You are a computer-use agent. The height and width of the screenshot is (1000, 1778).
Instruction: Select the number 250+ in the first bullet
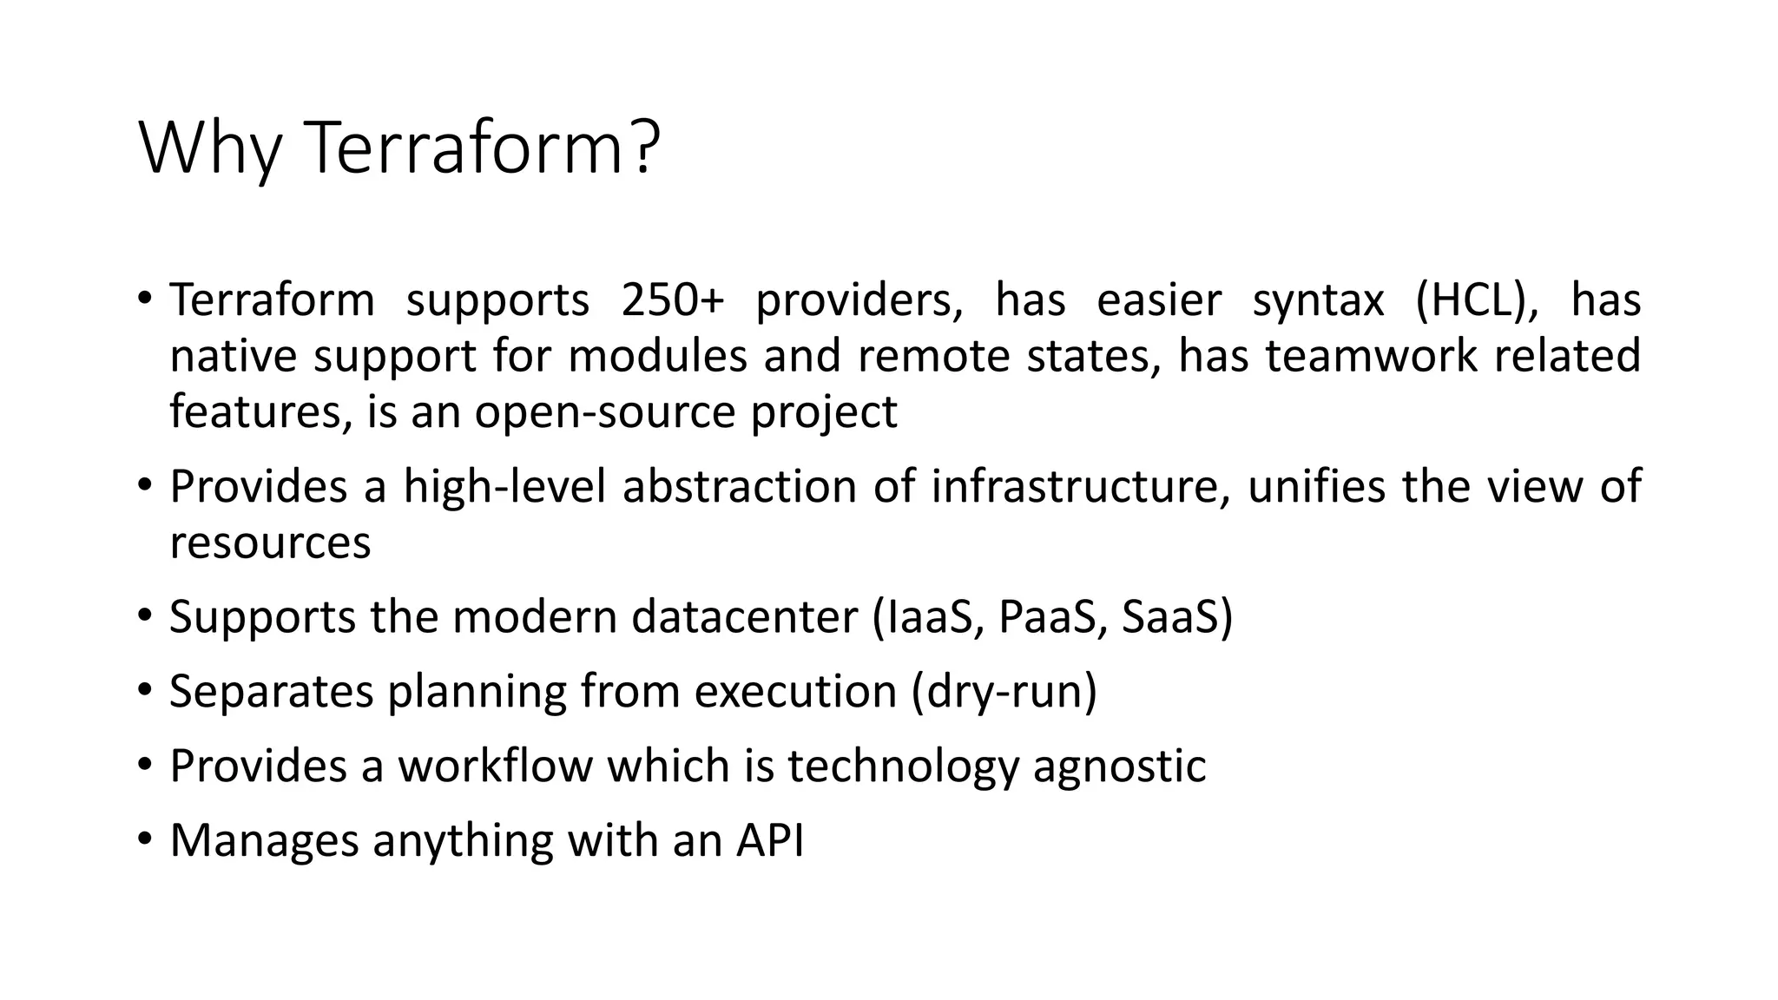pyautogui.click(x=672, y=300)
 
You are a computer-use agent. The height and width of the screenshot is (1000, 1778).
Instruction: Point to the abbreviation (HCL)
pyautogui.click(x=1477, y=300)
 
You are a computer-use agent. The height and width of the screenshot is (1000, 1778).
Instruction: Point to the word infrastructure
pyautogui.click(x=1080, y=486)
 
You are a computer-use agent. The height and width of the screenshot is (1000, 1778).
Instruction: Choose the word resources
pyautogui.click(x=270, y=543)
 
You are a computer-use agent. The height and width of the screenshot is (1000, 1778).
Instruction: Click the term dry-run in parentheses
pyautogui.click(x=1005, y=693)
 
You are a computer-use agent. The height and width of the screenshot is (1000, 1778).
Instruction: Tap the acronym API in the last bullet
pyautogui.click(x=770, y=840)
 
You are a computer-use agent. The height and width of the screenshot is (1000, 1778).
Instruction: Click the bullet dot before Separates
pyautogui.click(x=144, y=691)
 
